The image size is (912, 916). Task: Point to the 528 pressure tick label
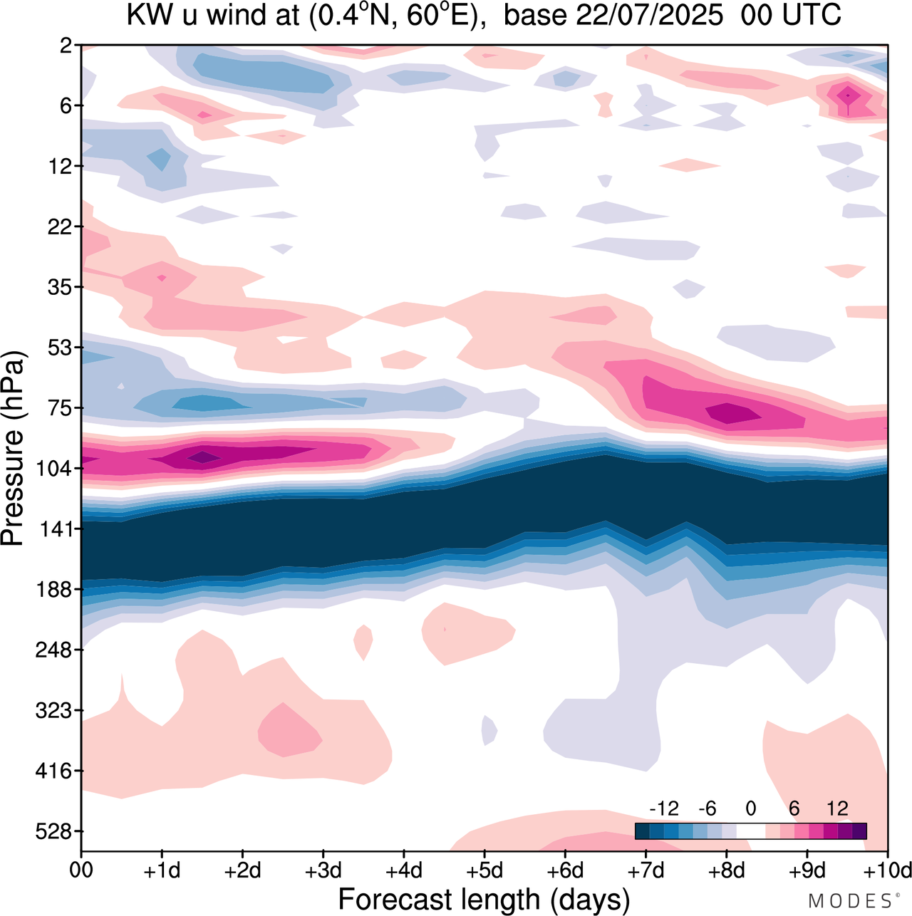tap(54, 831)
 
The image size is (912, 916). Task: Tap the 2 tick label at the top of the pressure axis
tap(66, 46)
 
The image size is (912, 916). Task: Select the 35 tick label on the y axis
tap(60, 287)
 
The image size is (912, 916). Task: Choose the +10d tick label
tap(887, 870)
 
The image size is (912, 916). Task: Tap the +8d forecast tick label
tap(726, 870)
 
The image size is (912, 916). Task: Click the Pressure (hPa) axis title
tap(13, 449)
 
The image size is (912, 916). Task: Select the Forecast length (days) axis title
tap(484, 899)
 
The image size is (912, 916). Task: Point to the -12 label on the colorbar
tap(664, 808)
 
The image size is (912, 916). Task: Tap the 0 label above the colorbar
tap(750, 808)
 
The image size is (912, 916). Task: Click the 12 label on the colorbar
tap(837, 808)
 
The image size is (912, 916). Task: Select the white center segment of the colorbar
tap(750, 831)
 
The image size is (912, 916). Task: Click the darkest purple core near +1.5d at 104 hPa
tap(204, 457)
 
